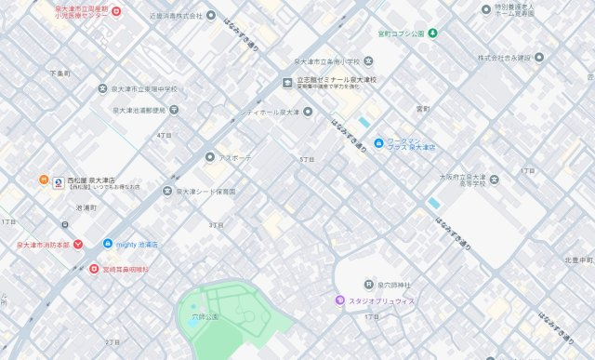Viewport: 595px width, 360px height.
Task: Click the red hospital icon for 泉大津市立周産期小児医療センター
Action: pyautogui.click(x=116, y=11)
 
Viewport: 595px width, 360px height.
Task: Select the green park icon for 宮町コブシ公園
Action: pyautogui.click(x=431, y=33)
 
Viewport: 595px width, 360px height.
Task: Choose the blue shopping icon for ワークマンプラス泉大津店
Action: pyautogui.click(x=378, y=142)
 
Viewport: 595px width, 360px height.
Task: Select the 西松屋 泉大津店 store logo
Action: pyautogui.click(x=58, y=181)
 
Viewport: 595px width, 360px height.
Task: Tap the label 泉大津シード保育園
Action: pyautogui.click(x=205, y=192)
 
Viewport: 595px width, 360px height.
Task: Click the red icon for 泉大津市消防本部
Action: pyautogui.click(x=78, y=245)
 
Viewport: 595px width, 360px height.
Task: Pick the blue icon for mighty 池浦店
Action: pyautogui.click(x=107, y=244)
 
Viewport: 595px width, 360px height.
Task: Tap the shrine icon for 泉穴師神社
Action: pyautogui.click(x=368, y=284)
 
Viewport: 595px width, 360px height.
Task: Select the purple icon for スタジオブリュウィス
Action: pyautogui.click(x=340, y=300)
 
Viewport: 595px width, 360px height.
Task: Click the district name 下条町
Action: pyautogui.click(x=59, y=73)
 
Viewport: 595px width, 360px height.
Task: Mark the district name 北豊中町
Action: pyautogui.click(x=577, y=260)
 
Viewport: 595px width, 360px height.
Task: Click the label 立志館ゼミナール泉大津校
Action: pyautogui.click(x=336, y=80)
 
